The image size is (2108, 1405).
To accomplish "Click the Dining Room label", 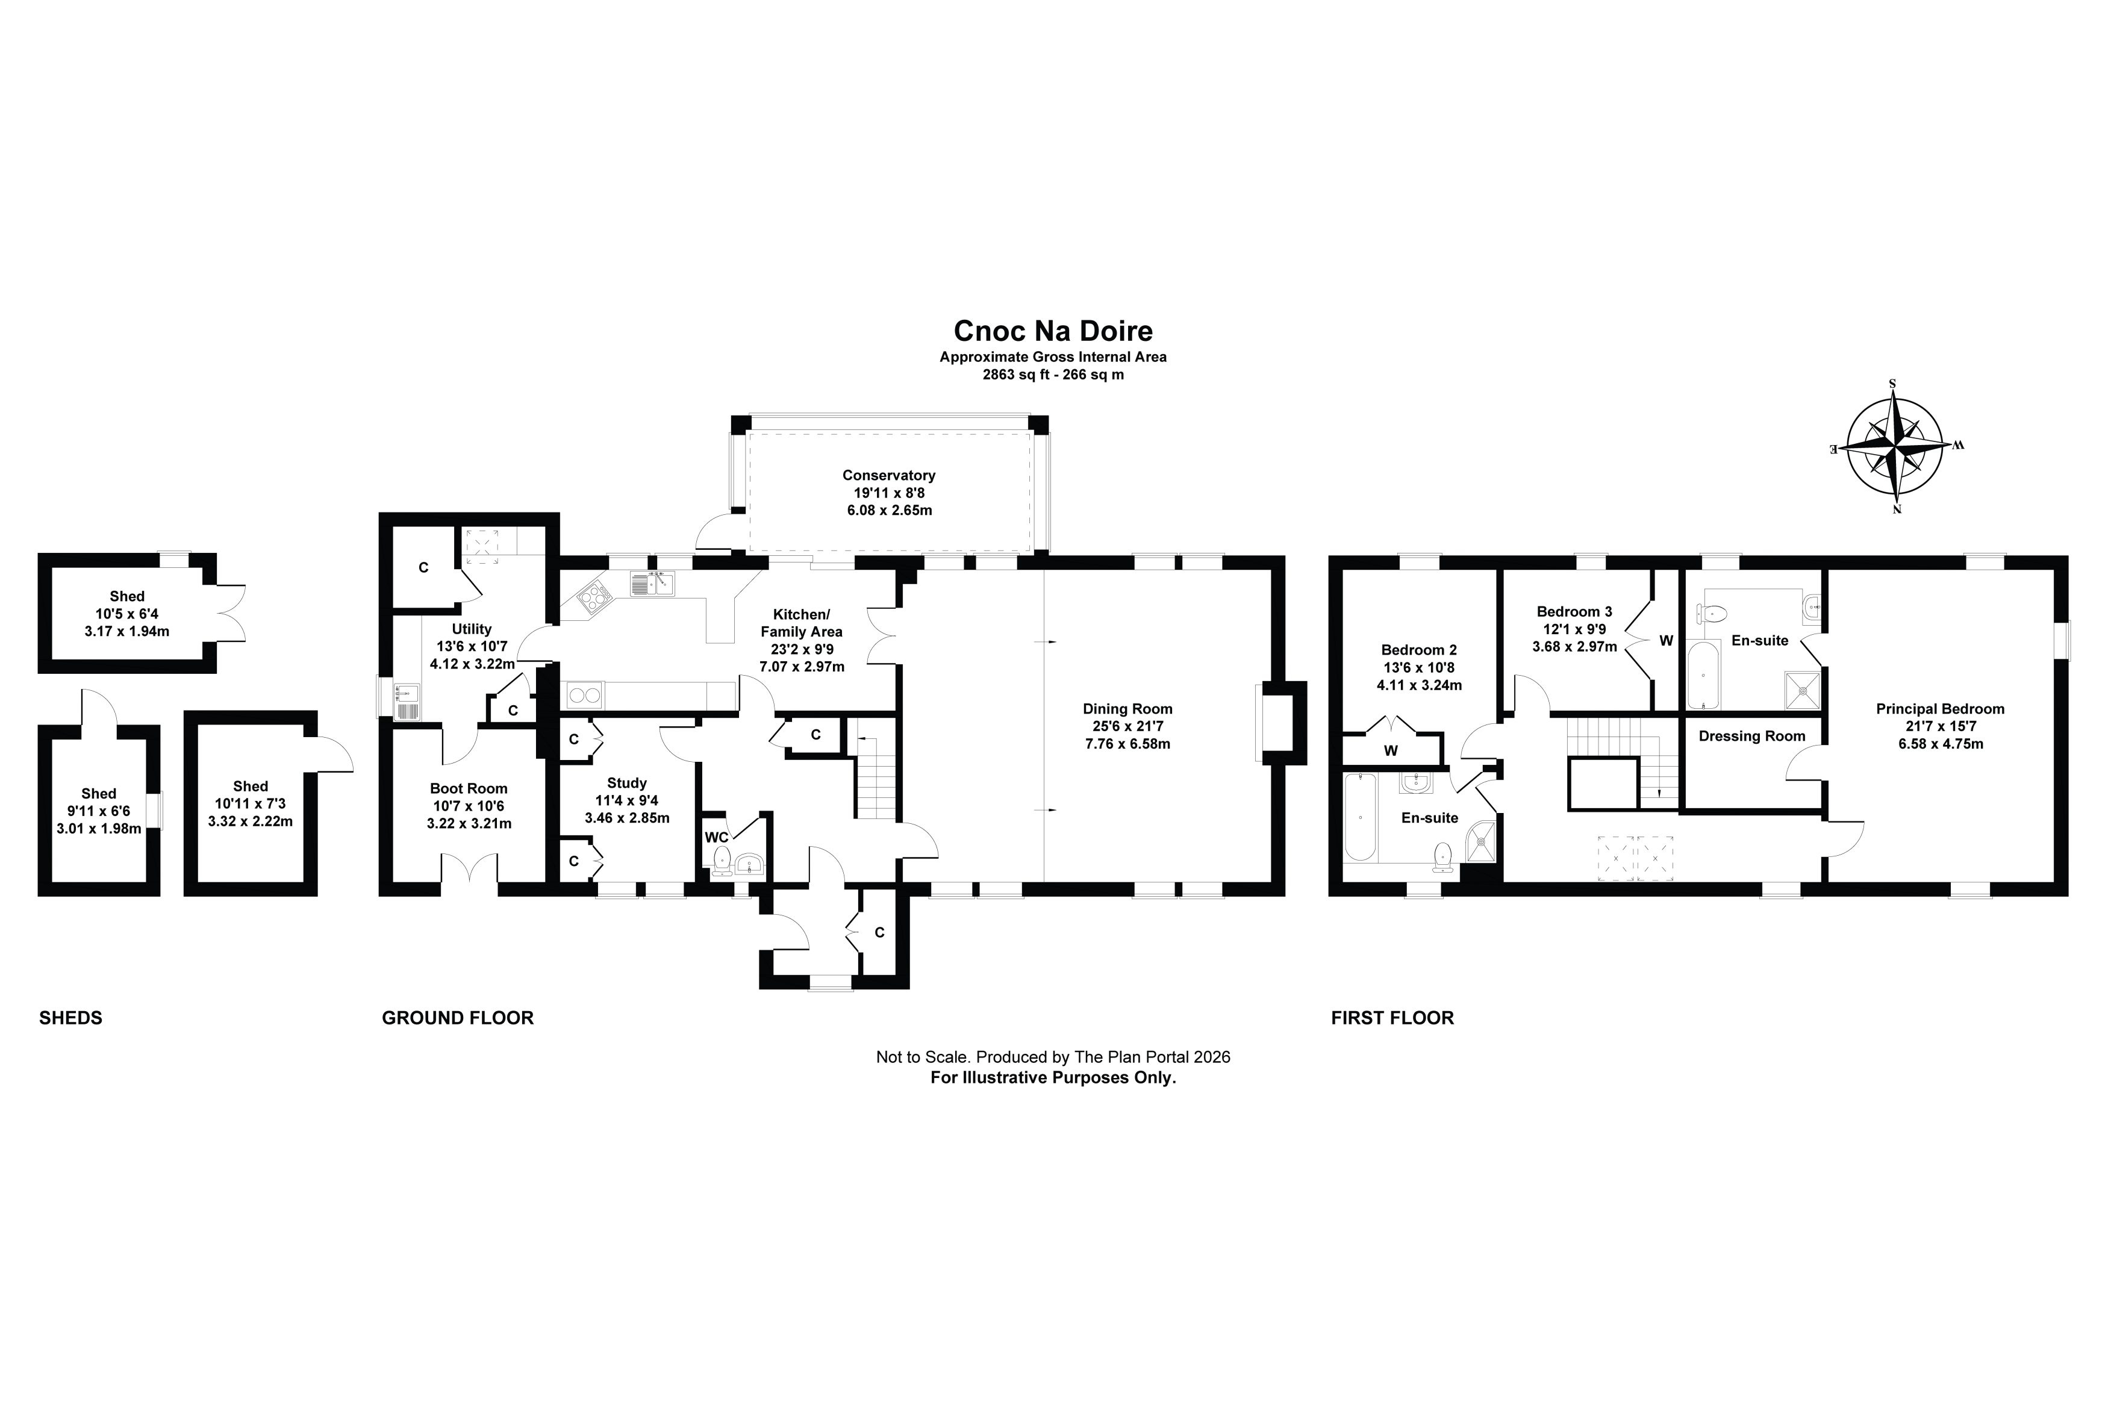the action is (x=1127, y=709).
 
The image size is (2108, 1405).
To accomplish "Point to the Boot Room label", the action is (x=469, y=788).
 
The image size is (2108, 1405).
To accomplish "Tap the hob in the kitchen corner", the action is (x=591, y=595).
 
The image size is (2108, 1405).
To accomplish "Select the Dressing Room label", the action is (x=1751, y=737).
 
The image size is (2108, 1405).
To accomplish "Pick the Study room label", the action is (x=626, y=783).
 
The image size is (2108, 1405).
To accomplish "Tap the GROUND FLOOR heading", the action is (x=458, y=1018).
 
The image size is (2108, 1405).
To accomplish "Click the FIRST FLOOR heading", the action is (x=1392, y=1018).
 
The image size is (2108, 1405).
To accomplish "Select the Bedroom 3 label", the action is (x=1574, y=612).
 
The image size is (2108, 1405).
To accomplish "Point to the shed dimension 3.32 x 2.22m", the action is (x=250, y=821).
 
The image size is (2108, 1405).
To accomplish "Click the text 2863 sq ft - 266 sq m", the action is (x=1053, y=375).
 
